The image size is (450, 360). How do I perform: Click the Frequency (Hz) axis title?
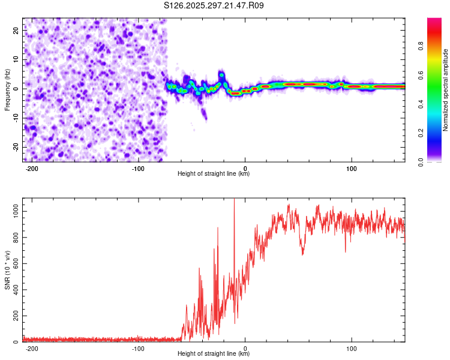pyautogui.click(x=7, y=90)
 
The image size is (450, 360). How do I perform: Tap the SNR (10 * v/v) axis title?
pyautogui.click(x=7, y=269)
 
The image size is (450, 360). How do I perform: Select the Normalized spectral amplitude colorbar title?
pyautogui.click(x=446, y=90)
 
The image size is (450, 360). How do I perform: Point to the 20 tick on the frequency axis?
pyautogui.click(x=16, y=32)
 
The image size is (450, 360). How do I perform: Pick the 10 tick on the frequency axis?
pyautogui.click(x=16, y=61)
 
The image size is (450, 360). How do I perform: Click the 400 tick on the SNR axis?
pyautogui.click(x=15, y=290)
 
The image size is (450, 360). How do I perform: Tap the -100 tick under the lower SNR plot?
pyautogui.click(x=138, y=348)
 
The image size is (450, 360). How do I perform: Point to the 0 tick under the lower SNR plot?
pyautogui.click(x=245, y=348)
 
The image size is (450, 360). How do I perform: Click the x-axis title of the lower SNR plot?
pyautogui.click(x=214, y=354)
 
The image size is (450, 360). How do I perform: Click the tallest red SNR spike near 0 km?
pyautogui.click(x=234, y=201)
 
